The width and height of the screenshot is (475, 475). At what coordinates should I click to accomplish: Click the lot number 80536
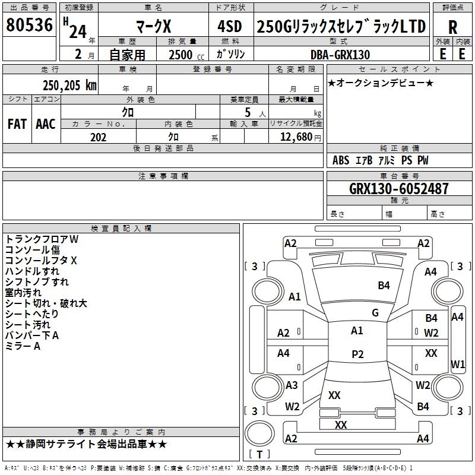(x=29, y=25)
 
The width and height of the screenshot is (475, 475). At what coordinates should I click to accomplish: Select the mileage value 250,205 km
(x=69, y=85)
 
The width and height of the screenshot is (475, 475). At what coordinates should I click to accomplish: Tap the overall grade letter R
(x=452, y=27)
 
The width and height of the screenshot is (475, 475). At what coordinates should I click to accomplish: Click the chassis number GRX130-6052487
(x=399, y=188)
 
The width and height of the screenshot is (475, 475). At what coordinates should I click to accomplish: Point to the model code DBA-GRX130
(x=340, y=55)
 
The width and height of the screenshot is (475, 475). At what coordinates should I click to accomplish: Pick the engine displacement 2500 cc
(x=186, y=55)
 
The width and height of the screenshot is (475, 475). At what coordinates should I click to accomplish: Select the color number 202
(x=98, y=137)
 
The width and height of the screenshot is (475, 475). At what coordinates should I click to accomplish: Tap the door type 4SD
(x=230, y=26)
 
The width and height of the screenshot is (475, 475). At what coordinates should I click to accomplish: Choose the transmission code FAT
(x=17, y=124)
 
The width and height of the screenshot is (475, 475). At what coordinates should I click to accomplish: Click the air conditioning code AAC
(x=46, y=124)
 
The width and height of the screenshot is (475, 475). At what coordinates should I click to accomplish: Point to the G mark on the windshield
(x=375, y=313)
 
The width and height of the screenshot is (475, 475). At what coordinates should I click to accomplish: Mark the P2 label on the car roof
(x=357, y=354)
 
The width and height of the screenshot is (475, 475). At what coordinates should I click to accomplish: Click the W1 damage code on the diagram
(x=458, y=364)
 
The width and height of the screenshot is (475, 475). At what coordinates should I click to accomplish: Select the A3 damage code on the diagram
(x=292, y=385)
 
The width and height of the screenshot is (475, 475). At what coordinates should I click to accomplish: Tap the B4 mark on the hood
(x=384, y=286)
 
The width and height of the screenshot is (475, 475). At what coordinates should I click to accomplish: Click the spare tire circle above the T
(x=259, y=433)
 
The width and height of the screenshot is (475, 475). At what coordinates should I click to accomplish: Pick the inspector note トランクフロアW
(x=42, y=239)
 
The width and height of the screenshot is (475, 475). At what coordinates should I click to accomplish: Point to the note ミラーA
(x=23, y=346)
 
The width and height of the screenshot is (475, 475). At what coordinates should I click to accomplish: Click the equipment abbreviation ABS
(x=341, y=160)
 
